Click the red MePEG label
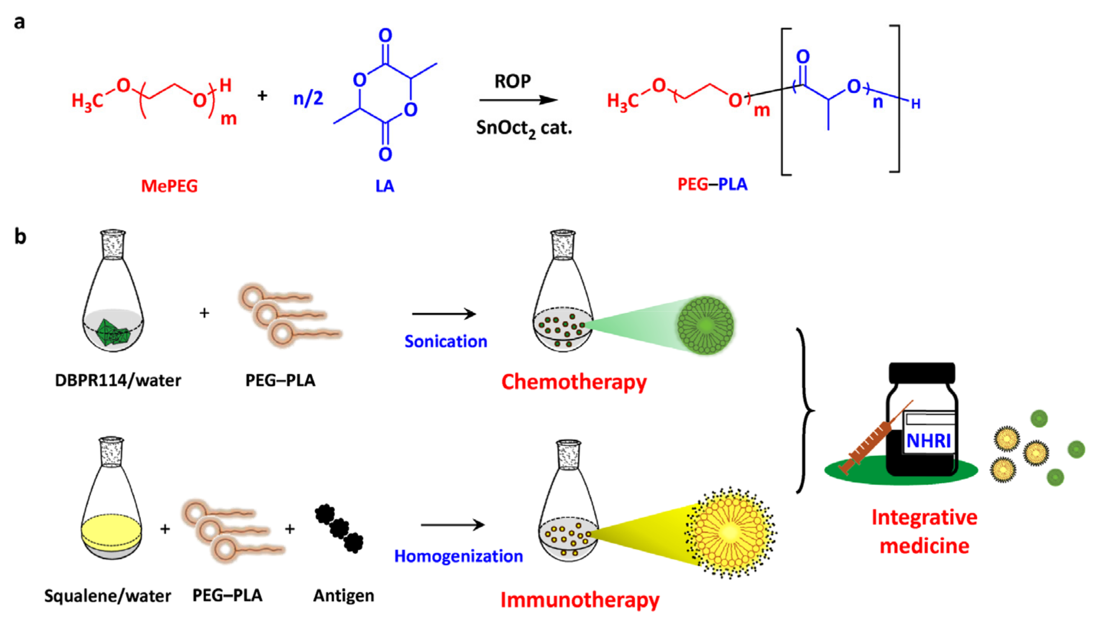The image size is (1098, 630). (169, 186)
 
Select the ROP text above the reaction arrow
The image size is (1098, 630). (513, 81)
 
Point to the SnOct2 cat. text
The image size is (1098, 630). (524, 128)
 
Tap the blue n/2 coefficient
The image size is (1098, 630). (308, 98)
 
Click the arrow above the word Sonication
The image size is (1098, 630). (444, 314)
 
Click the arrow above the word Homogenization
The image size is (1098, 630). (453, 525)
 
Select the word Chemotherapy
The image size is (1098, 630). (574, 382)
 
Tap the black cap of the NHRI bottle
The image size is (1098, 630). (922, 372)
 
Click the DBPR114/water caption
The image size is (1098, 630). (118, 380)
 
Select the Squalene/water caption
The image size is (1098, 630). (107, 596)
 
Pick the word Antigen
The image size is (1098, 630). (344, 596)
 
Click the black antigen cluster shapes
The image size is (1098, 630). (339, 528)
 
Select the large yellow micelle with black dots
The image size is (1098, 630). (731, 532)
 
